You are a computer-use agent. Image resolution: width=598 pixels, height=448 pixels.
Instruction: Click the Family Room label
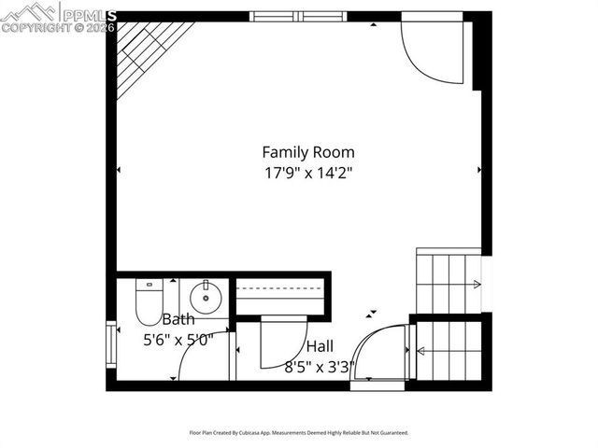pyautogui.click(x=307, y=152)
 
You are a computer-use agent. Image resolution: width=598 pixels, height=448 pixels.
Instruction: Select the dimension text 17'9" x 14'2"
pyautogui.click(x=307, y=173)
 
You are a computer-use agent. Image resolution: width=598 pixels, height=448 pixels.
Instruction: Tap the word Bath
pyautogui.click(x=178, y=319)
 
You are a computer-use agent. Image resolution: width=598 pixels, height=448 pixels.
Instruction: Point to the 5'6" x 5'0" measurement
pyautogui.click(x=178, y=340)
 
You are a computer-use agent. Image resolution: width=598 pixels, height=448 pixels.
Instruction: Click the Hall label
pyautogui.click(x=320, y=346)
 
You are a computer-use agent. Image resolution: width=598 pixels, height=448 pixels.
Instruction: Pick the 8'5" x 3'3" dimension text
pyautogui.click(x=320, y=367)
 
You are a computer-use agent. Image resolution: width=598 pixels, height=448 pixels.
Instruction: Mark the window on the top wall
pyautogui.click(x=298, y=16)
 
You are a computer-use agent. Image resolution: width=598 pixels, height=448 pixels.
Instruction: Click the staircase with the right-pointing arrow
pyautogui.click(x=448, y=282)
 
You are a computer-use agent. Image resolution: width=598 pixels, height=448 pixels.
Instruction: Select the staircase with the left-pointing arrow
pyautogui.click(x=448, y=351)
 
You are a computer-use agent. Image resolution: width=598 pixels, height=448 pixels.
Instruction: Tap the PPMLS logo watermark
pyautogui.click(x=58, y=16)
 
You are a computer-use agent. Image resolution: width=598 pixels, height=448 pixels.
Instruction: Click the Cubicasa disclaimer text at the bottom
pyautogui.click(x=298, y=433)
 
